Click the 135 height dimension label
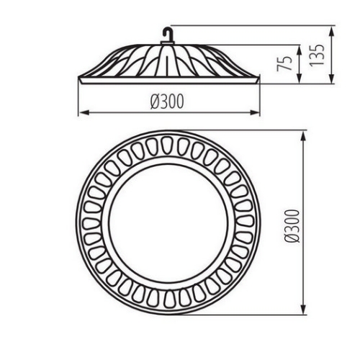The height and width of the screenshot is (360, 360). click(x=317, y=55)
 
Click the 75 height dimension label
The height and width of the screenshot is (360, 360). click(x=284, y=63)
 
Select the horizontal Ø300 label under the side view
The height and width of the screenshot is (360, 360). click(x=167, y=102)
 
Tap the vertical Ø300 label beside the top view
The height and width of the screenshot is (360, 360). click(x=292, y=226)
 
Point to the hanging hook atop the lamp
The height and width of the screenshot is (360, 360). click(x=167, y=34)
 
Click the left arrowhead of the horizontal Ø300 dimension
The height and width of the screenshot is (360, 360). click(x=84, y=112)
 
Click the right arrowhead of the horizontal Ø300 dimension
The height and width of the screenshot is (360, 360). click(x=254, y=112)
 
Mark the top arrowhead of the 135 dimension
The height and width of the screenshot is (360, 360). click(x=331, y=32)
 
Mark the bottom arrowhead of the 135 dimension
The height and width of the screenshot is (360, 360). click(x=331, y=78)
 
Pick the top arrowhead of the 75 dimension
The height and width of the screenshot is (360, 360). click(x=299, y=51)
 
